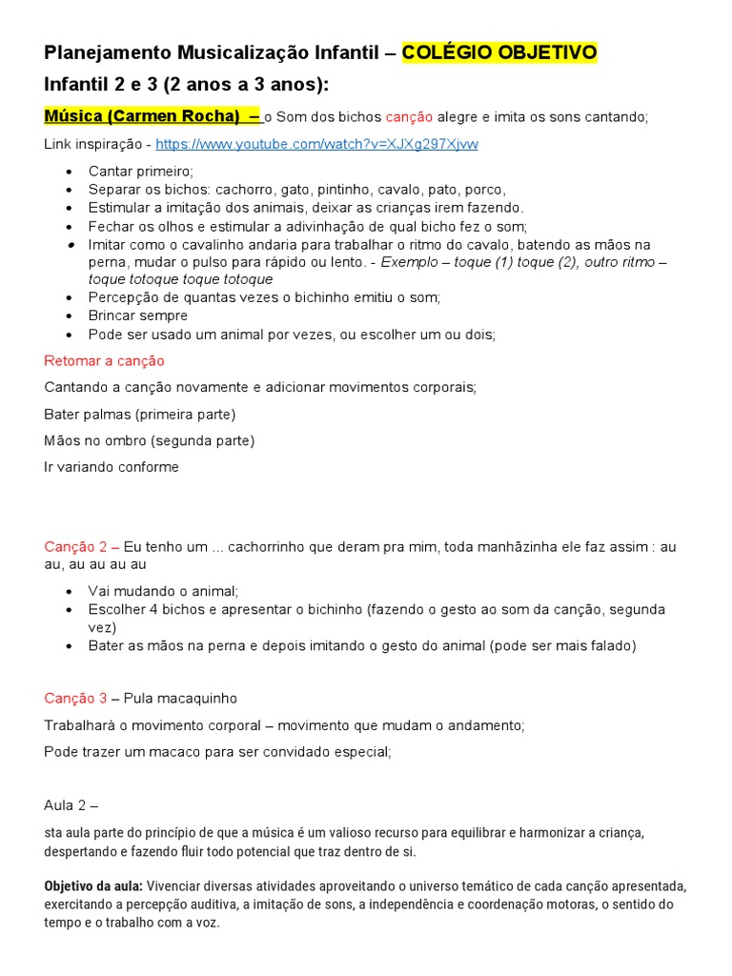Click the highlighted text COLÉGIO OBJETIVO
click(x=499, y=52)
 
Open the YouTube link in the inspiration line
click(x=316, y=144)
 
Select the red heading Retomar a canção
click(x=104, y=361)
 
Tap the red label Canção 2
click(x=81, y=546)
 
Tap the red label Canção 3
click(x=81, y=699)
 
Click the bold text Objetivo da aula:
click(x=93, y=885)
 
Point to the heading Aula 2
click(x=71, y=805)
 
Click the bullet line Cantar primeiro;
click(x=140, y=172)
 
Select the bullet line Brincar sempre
click(x=137, y=315)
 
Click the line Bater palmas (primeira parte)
click(x=139, y=415)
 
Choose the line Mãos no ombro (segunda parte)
click(x=150, y=441)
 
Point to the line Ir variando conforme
click(x=112, y=467)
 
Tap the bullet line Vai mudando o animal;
click(x=163, y=591)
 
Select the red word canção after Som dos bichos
click(x=410, y=117)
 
